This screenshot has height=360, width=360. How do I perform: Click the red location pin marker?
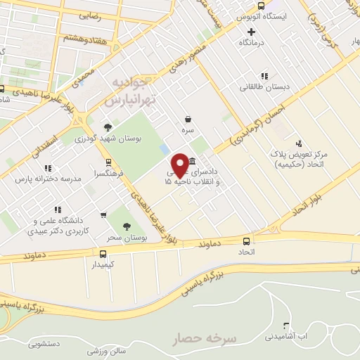(x=180, y=164)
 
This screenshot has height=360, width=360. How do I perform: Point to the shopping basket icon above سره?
(x=188, y=119)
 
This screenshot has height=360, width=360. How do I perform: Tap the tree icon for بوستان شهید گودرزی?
(x=107, y=127)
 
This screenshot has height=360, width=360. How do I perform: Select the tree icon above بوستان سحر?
(x=127, y=226)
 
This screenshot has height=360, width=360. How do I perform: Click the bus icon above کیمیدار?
(x=103, y=254)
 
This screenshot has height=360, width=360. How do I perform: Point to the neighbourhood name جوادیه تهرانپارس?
(x=134, y=92)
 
